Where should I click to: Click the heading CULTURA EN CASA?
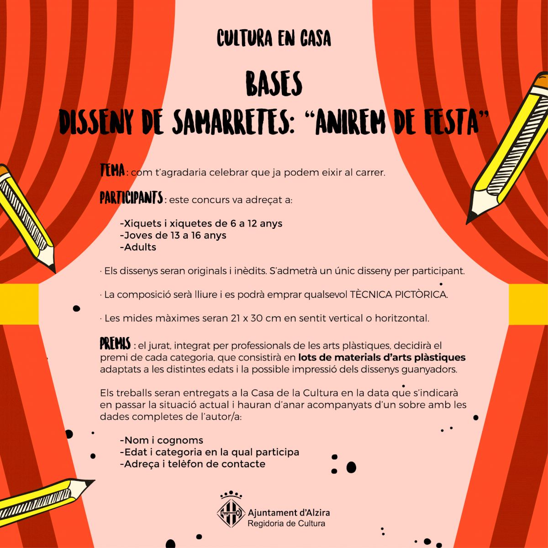[x=274, y=39]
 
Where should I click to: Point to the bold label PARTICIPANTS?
[x=132, y=198]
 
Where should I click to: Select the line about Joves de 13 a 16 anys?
[x=173, y=236]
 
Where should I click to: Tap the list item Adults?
[x=138, y=248]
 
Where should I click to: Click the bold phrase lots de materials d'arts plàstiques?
[x=382, y=357]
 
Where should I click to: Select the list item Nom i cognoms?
[x=161, y=441]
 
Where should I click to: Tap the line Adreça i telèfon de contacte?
[x=192, y=464]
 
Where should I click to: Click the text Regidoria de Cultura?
[x=286, y=523]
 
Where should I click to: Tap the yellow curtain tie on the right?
[x=528, y=301]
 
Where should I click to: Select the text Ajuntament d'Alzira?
[x=288, y=512]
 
